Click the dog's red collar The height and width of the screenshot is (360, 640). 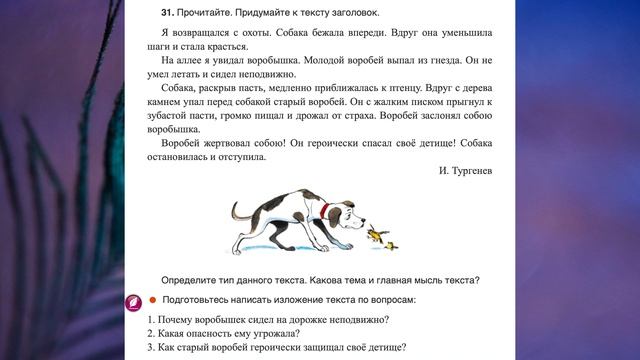tap(328, 211)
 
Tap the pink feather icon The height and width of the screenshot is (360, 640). tap(131, 300)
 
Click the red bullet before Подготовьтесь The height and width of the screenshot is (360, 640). tap(152, 300)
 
